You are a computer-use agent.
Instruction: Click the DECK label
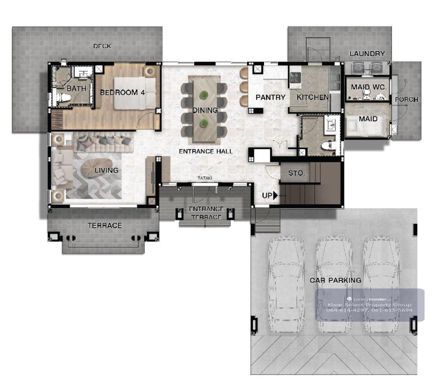[x=102, y=46]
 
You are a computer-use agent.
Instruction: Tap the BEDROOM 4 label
[x=122, y=93]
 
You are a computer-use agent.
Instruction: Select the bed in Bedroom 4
[x=135, y=93]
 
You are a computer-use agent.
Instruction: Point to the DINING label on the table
[x=205, y=110]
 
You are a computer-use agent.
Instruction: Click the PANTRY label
[x=271, y=97]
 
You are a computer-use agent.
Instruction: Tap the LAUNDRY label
[x=367, y=53]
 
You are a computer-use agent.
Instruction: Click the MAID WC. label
[x=369, y=87]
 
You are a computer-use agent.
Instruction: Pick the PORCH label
[x=406, y=100]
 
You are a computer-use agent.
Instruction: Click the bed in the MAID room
[x=366, y=125]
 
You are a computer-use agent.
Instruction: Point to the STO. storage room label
[x=296, y=173]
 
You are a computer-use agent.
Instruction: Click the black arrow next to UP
[x=275, y=195]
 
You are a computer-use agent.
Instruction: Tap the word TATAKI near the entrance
[x=205, y=178]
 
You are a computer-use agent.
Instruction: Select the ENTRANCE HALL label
[x=206, y=151]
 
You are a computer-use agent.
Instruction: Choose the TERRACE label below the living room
[x=105, y=225]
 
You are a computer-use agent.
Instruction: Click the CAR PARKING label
[x=336, y=280]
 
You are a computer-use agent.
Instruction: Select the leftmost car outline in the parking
[x=286, y=284]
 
